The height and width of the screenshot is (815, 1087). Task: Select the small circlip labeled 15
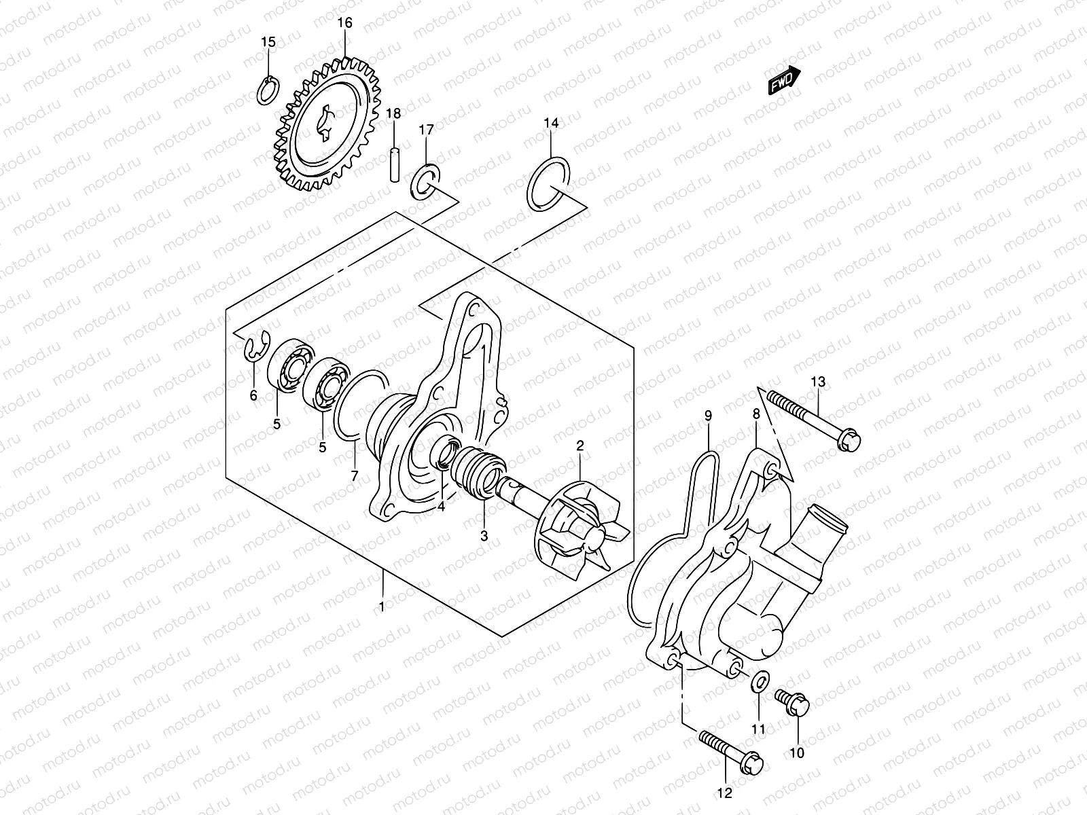pos(267,90)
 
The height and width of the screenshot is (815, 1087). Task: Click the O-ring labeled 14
pos(548,183)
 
